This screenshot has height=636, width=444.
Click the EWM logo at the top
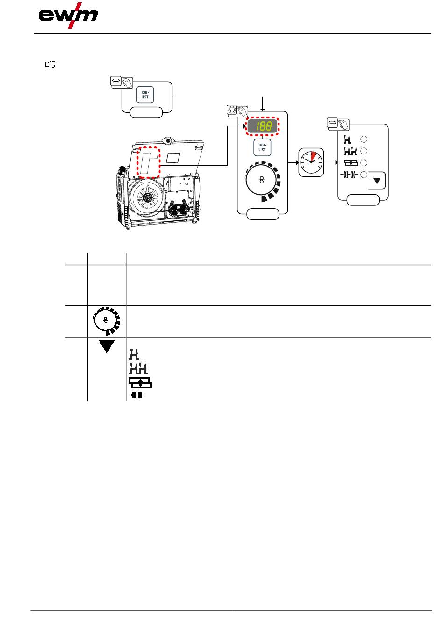point(68,15)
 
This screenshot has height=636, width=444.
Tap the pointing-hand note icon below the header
point(51,65)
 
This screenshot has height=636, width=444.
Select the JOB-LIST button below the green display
point(262,147)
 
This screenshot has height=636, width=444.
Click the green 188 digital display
point(262,126)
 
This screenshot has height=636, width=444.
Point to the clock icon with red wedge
point(311,162)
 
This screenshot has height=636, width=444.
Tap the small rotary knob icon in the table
point(107,321)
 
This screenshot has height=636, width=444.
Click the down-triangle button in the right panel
point(377,181)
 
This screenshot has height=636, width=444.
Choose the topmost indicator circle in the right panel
point(364,139)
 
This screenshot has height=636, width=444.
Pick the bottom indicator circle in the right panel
point(364,175)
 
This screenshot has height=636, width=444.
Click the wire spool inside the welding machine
point(147,197)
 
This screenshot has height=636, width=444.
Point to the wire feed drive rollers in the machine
point(179,209)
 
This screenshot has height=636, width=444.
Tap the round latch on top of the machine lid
point(168,140)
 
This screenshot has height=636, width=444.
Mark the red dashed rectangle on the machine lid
point(149,162)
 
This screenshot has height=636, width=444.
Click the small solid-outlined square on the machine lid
point(173,158)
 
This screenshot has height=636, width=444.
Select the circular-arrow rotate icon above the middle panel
point(232,110)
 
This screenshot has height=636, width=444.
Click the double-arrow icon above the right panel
point(332,123)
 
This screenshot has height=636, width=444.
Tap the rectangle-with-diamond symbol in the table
point(141,383)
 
